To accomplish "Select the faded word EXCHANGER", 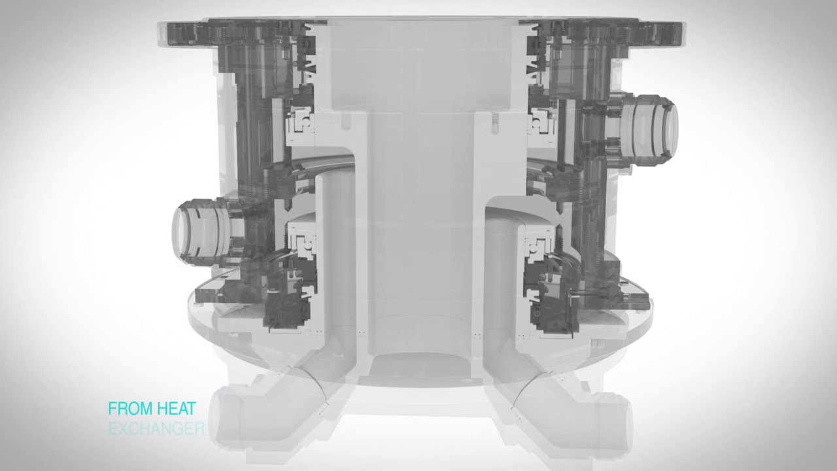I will pyautogui.click(x=156, y=429).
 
